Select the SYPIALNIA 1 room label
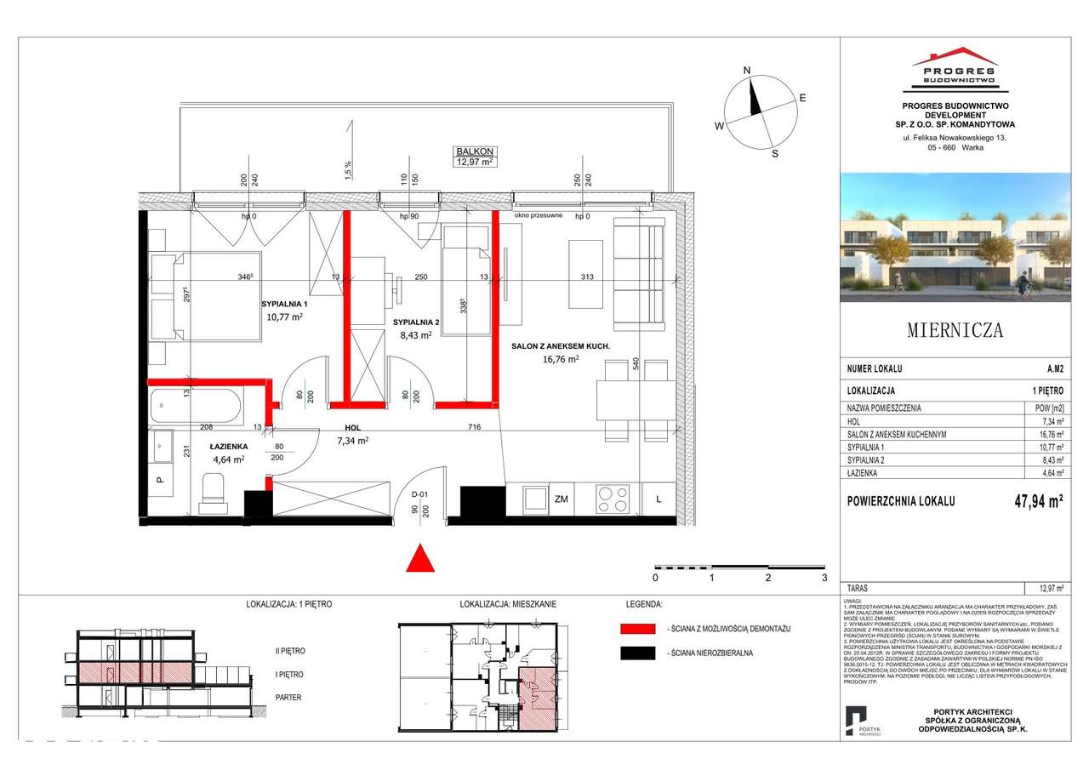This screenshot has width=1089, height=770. click(283, 303)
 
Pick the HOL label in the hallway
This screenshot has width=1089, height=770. click(354, 429)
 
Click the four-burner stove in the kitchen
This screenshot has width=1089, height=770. click(612, 499)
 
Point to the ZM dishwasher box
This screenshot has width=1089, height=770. click(561, 499)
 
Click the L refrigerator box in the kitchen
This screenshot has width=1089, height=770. click(658, 499)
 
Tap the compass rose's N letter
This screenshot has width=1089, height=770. click(746, 71)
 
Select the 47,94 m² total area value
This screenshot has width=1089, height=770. click(1031, 501)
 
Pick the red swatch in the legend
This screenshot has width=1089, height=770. click(637, 629)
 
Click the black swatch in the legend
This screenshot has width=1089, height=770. click(637, 653)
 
